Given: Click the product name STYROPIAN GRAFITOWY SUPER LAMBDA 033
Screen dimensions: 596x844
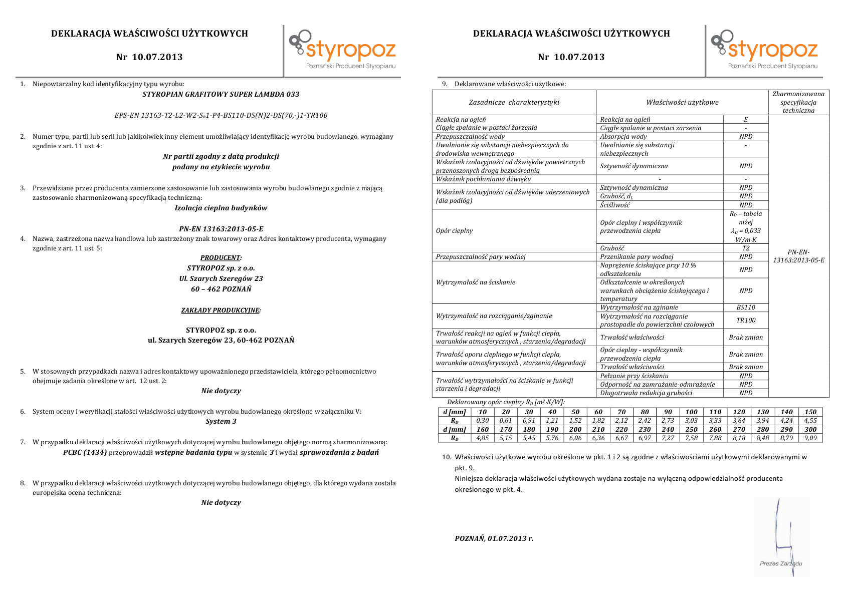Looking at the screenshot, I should coord(221,94).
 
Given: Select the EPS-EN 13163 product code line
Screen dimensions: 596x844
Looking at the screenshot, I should coord(221,115).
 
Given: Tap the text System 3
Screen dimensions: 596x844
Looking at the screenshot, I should coord(221,421).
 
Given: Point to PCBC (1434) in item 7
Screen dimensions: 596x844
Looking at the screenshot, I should coord(85,452).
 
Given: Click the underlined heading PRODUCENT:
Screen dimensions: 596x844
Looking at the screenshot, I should coord(221,258).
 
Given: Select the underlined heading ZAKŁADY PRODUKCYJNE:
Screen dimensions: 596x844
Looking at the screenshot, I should coord(221,311).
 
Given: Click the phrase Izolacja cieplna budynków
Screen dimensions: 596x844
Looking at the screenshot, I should coord(221,208).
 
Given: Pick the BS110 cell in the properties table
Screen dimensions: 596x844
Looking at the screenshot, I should coord(746,308).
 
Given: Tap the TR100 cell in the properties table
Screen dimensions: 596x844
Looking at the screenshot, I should coord(746,320).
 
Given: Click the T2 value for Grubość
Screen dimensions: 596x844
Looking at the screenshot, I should coord(746,248).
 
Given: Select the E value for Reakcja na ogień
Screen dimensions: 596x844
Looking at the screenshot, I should coord(746,120).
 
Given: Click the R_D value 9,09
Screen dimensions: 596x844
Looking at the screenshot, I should coord(810,438).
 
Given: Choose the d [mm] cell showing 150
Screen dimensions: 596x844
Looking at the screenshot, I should coord(810,412).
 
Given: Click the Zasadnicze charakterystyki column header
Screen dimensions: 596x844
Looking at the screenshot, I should coord(514,102).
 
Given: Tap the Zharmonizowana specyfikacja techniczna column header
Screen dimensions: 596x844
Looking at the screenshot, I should coord(798,102).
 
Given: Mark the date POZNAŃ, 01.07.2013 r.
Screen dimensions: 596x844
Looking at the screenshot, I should coord(494,538).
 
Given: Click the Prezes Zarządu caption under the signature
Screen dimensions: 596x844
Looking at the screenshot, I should coord(781,563).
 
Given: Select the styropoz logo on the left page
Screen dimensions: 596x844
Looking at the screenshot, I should coord(343,50).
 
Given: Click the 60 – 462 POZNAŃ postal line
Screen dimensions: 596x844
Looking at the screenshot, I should coord(221,289).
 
